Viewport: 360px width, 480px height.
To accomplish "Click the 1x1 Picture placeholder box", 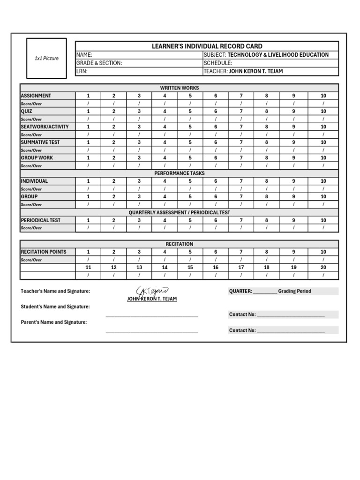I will click(x=46, y=59).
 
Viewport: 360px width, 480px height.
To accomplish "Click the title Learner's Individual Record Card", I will click(x=207, y=46).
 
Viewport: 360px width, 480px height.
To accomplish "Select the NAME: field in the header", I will click(x=138, y=55).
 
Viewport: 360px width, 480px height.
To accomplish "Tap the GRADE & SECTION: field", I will click(x=138, y=63).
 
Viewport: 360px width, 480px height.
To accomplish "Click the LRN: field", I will click(x=138, y=72).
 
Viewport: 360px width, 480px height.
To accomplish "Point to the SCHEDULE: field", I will click(x=270, y=63).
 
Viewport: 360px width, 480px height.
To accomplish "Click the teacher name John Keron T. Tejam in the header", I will click(x=256, y=72).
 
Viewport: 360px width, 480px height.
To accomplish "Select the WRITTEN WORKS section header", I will click(x=180, y=88).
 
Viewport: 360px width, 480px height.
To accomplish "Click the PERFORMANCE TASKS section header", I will click(x=180, y=173).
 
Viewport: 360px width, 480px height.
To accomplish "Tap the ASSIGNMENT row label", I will click(x=36, y=96).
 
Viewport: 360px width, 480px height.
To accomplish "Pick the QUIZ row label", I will click(x=27, y=112).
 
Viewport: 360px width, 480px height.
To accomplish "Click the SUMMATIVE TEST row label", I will click(x=40, y=142).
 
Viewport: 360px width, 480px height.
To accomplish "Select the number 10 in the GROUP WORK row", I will click(x=323, y=158).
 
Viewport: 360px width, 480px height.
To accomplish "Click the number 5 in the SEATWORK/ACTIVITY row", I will click(x=190, y=127).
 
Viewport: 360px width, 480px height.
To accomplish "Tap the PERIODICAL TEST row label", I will click(x=41, y=220).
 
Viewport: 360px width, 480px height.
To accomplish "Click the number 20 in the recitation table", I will click(x=323, y=268).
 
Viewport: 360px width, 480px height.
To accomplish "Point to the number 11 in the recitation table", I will click(x=88, y=268).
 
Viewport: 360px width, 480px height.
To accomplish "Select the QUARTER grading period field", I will click(x=283, y=291).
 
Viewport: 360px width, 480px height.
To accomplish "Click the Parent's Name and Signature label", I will click(x=54, y=322).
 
